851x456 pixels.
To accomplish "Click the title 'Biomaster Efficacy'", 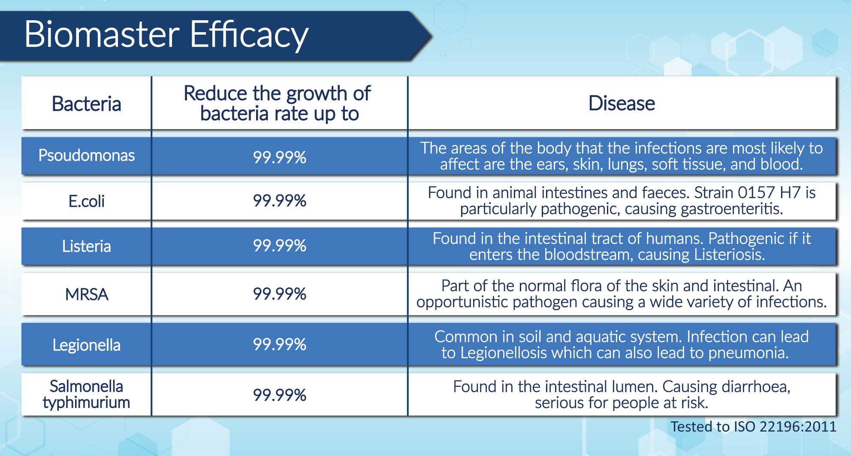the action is pyautogui.click(x=166, y=35).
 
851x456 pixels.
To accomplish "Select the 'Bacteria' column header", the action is pyautogui.click(x=86, y=104).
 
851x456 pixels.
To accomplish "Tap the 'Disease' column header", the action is pyautogui.click(x=622, y=103).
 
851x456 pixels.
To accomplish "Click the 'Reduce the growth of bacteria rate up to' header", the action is pyautogui.click(x=278, y=103).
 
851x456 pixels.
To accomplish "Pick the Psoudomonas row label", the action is pyautogui.click(x=86, y=155).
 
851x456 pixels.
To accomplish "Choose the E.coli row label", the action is pyautogui.click(x=86, y=201).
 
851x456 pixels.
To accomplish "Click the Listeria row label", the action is pyautogui.click(x=86, y=246).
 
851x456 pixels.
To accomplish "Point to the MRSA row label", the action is pyautogui.click(x=87, y=294).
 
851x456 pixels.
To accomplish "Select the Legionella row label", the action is pyautogui.click(x=86, y=345).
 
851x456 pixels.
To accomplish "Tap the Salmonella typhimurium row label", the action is pyautogui.click(x=86, y=395).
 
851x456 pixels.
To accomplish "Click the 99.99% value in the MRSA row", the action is pyautogui.click(x=280, y=294).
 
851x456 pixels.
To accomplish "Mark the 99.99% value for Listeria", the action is pyautogui.click(x=280, y=246).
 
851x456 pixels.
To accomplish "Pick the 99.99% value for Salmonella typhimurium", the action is pyautogui.click(x=280, y=395).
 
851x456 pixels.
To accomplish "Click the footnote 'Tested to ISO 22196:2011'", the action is pyautogui.click(x=754, y=426).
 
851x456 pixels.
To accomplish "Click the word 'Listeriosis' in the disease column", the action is pyautogui.click(x=730, y=254).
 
